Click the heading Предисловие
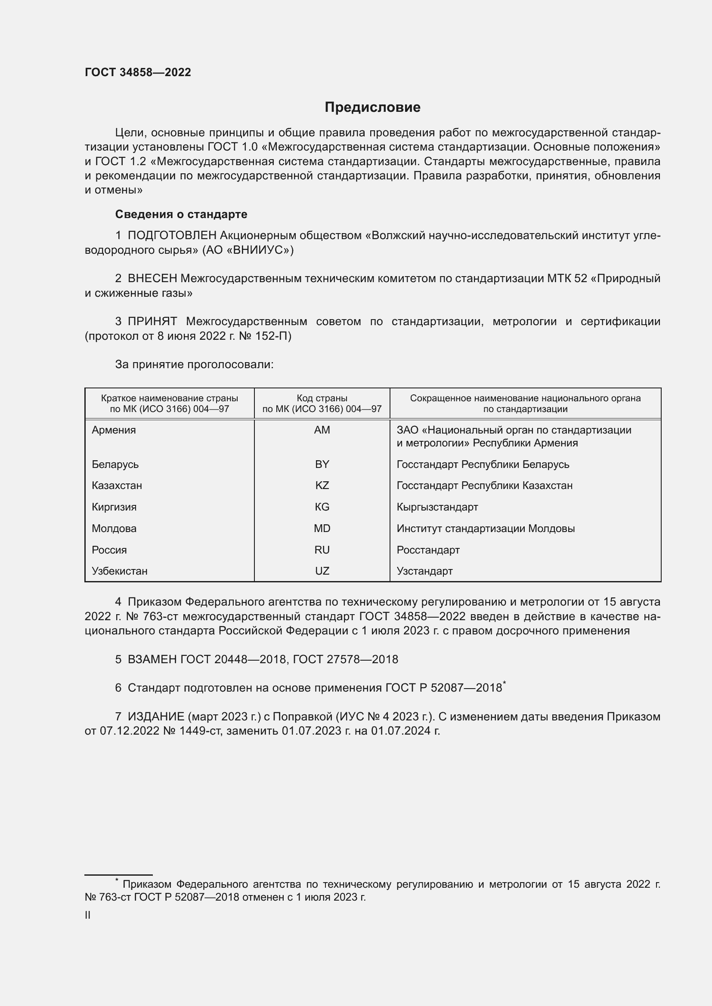(x=372, y=108)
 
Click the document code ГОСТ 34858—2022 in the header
(x=138, y=72)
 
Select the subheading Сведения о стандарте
(x=181, y=214)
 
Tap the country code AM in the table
(x=322, y=430)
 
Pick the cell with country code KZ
(x=322, y=486)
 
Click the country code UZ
(x=322, y=571)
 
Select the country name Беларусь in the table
(x=115, y=464)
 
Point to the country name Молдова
(x=114, y=529)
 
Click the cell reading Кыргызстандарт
(x=437, y=507)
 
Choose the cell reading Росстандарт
(x=428, y=550)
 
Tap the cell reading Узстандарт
(x=424, y=571)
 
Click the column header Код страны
(x=322, y=398)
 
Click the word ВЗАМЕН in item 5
(x=152, y=659)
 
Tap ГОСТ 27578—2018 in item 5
(x=345, y=659)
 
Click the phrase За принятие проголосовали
(x=194, y=365)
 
